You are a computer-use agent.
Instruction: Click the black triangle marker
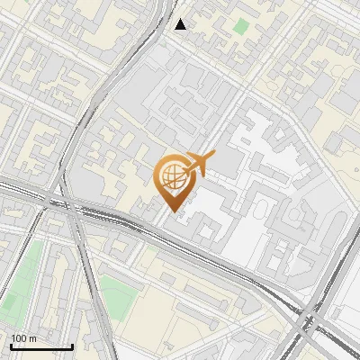181,24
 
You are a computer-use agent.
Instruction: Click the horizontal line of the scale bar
41,346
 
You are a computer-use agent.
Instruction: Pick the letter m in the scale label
32,339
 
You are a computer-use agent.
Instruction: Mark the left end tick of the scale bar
11,345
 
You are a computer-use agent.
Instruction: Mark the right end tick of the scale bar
73,345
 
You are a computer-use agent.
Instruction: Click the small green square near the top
240,26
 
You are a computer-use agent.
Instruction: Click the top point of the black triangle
181,19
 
